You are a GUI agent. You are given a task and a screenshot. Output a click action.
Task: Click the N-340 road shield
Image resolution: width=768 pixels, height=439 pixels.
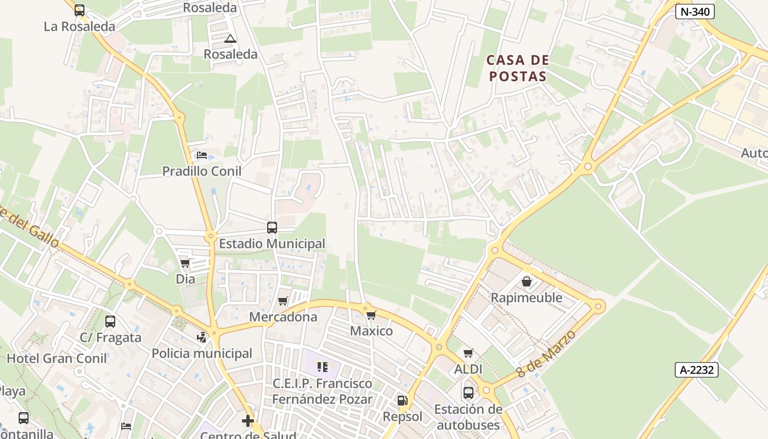point(694,12)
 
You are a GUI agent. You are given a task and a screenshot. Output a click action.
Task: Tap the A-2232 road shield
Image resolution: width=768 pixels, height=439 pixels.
point(697,370)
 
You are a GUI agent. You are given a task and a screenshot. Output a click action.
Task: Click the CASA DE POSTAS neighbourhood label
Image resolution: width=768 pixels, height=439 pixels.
point(517,68)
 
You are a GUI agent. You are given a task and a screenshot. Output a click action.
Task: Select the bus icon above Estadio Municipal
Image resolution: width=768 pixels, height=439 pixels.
point(272,227)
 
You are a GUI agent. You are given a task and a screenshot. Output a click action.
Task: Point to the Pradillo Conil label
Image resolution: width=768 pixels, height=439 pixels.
point(202,171)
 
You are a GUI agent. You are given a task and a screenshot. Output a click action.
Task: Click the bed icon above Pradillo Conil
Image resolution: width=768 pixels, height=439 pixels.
point(202,155)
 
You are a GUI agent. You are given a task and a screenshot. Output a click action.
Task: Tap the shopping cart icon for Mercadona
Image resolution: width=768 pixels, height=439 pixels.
point(283,301)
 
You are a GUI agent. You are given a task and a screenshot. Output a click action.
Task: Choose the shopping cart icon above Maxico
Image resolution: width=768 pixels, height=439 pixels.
point(371,315)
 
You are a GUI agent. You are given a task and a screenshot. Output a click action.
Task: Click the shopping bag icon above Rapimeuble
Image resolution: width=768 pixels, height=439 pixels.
point(527,282)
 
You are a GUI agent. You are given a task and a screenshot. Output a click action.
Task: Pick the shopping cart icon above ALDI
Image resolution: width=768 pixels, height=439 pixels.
point(468,353)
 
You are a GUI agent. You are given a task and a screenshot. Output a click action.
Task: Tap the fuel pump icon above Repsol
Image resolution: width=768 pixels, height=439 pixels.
point(402,401)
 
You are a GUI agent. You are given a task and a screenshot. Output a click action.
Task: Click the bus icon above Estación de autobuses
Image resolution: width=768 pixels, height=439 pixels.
point(468,393)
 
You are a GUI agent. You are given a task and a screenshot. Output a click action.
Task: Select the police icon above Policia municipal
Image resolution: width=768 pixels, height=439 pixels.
point(202,337)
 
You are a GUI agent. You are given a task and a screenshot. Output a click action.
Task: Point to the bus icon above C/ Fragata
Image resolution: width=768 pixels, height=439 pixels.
point(110,322)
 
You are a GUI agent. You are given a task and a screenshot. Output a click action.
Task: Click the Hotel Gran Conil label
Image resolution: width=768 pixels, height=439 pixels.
point(57,359)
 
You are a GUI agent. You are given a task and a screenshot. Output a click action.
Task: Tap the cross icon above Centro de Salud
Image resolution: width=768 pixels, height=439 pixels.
point(248,421)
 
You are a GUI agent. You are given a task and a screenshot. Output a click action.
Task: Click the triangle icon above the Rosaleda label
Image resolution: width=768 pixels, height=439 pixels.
point(230,38)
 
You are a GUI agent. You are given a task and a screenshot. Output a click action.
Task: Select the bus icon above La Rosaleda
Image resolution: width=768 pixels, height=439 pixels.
point(80,10)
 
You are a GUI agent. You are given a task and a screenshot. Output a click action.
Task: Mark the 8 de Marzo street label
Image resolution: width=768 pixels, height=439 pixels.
point(547,354)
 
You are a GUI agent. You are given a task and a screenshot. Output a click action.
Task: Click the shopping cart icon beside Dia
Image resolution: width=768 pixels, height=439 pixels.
point(185,263)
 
